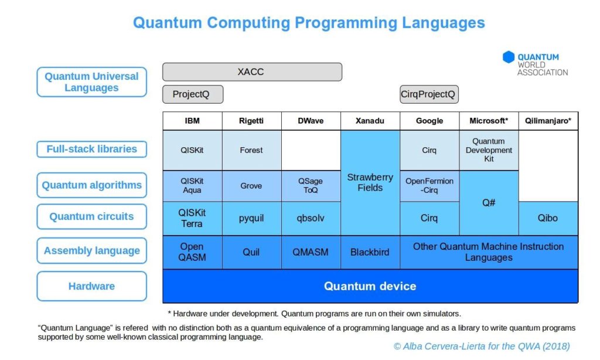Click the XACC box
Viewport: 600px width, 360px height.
pos(252,72)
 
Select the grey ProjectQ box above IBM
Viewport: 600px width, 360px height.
pos(192,94)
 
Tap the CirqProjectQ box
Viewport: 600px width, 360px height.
pos(429,94)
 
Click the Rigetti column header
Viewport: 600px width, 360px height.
pos(251,121)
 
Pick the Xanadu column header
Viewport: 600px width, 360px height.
pos(370,121)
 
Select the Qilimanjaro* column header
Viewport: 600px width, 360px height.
pos(548,121)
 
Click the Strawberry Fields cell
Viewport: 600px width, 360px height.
pos(370,182)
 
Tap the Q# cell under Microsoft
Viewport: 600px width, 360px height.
pos(489,202)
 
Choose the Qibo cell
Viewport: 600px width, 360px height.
pos(548,218)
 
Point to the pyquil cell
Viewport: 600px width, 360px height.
pos(251,218)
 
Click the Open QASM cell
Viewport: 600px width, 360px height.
pos(192,252)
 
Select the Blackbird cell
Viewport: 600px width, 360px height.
pos(370,252)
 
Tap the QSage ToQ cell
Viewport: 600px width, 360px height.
pos(311,186)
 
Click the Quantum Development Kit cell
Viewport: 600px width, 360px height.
pos(489,150)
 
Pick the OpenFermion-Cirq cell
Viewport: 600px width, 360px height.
pos(429,186)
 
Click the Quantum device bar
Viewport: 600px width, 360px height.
pos(370,286)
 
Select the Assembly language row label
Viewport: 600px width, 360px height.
pos(92,251)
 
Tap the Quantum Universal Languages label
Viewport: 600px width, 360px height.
pos(92,82)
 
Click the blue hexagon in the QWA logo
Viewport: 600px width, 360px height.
pos(508,57)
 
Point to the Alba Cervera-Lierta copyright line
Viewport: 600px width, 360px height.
pos(482,347)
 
